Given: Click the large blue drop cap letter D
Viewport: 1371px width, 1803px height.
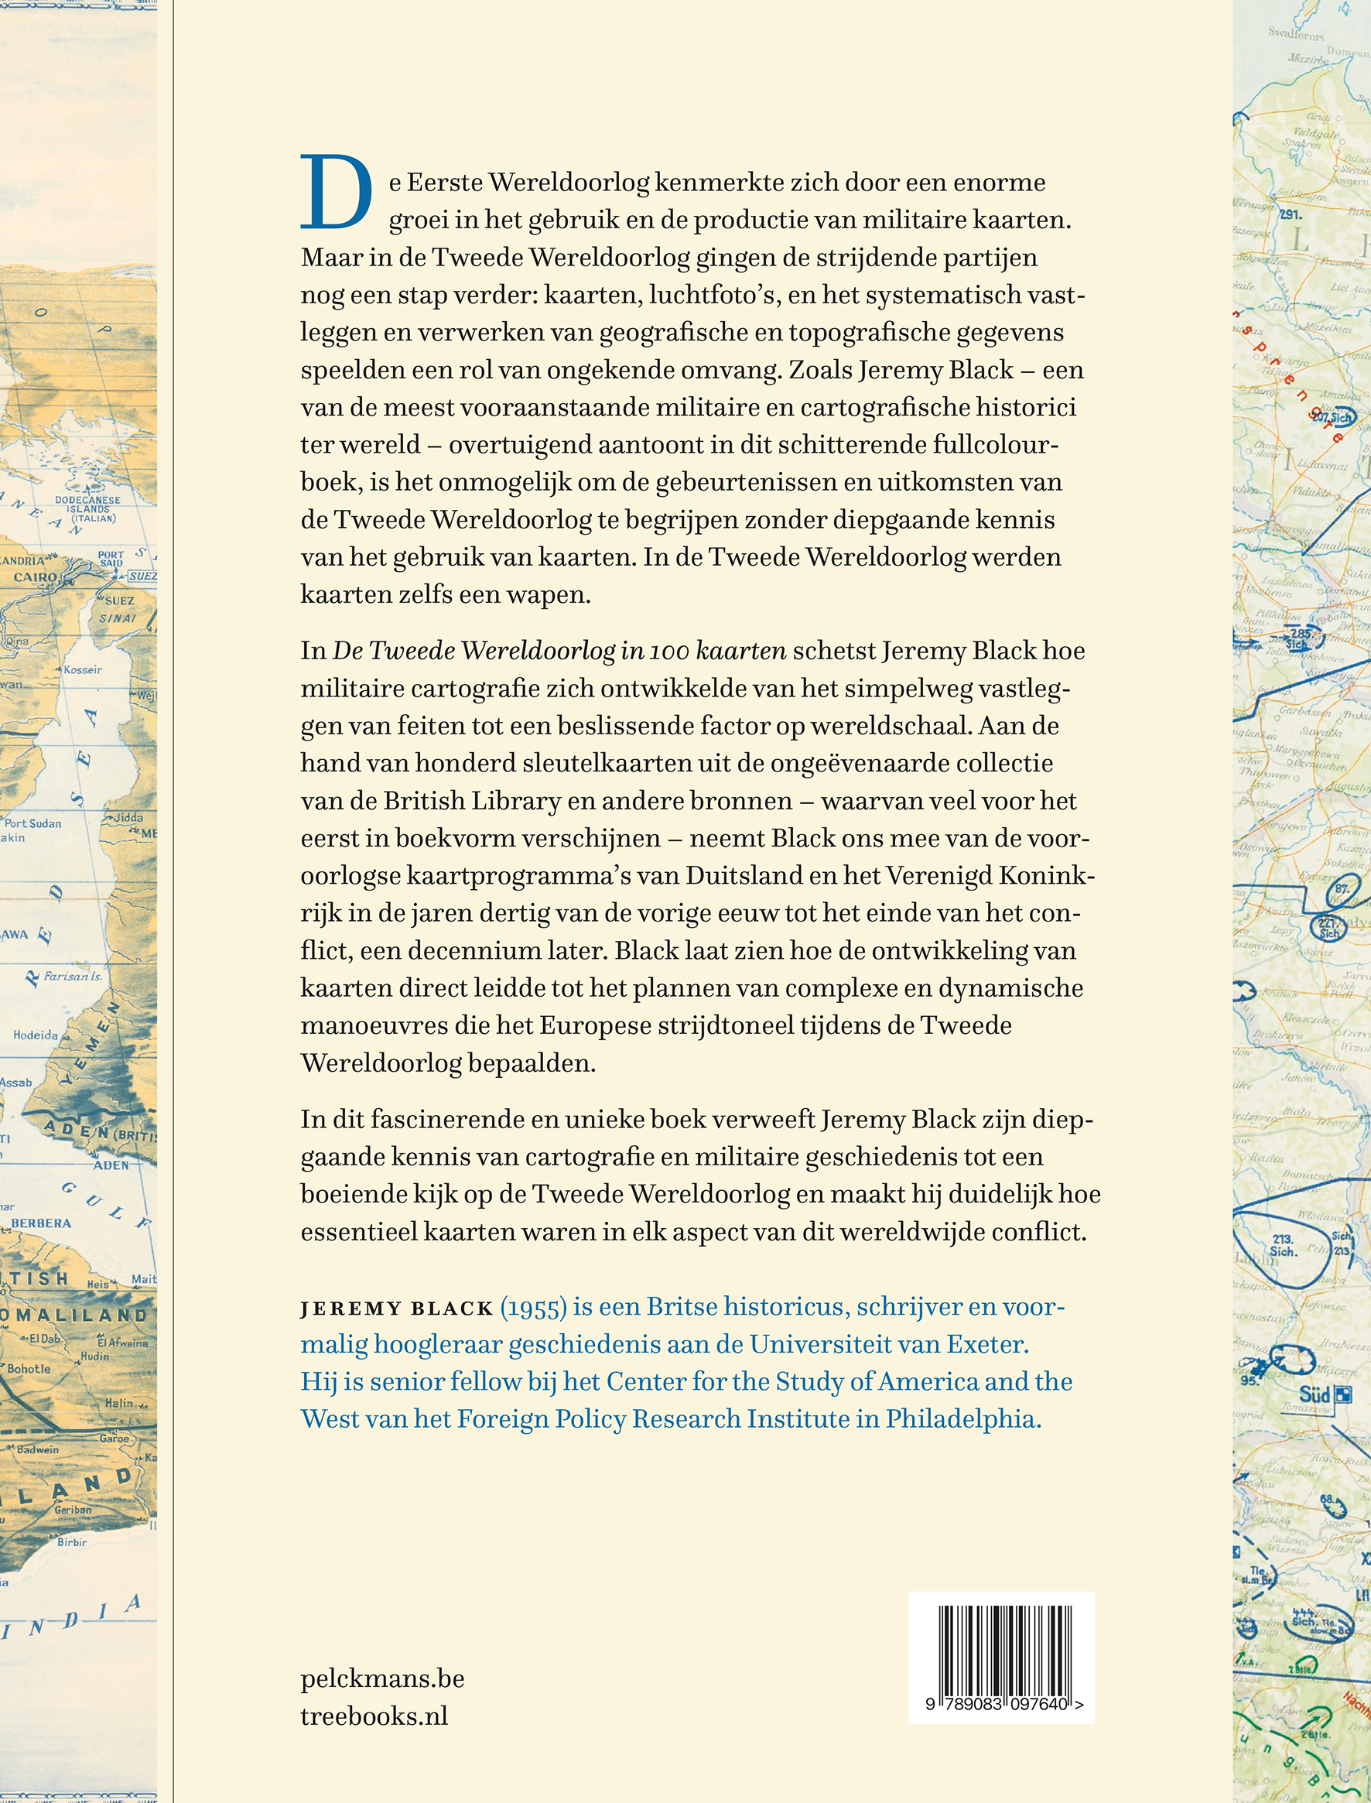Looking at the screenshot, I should pyautogui.click(x=337, y=193).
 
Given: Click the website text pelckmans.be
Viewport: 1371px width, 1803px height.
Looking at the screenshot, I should pyautogui.click(x=382, y=1678).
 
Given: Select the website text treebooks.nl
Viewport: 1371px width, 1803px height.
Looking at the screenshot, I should pyautogui.click(x=374, y=1716).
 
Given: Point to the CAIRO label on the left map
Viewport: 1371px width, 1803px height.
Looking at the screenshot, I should pyautogui.click(x=34, y=577).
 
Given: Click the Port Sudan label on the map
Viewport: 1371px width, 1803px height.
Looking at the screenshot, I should pyautogui.click(x=32, y=823).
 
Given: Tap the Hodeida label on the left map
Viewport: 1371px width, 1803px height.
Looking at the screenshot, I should pyautogui.click(x=35, y=1035).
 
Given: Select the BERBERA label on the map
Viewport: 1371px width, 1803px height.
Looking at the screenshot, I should pyautogui.click(x=41, y=1223).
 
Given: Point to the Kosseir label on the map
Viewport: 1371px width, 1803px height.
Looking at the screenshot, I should pyautogui.click(x=83, y=669).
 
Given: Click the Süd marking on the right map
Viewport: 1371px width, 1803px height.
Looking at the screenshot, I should pyautogui.click(x=1315, y=1394).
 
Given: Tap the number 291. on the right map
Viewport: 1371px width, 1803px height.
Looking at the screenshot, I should pyautogui.click(x=1291, y=215).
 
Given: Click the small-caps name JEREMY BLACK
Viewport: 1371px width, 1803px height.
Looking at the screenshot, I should pyautogui.click(x=397, y=1309).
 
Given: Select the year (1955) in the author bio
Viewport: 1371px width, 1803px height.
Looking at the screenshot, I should pyautogui.click(x=533, y=1307).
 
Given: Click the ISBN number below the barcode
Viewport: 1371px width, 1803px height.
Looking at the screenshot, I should pyautogui.click(x=1003, y=1704).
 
